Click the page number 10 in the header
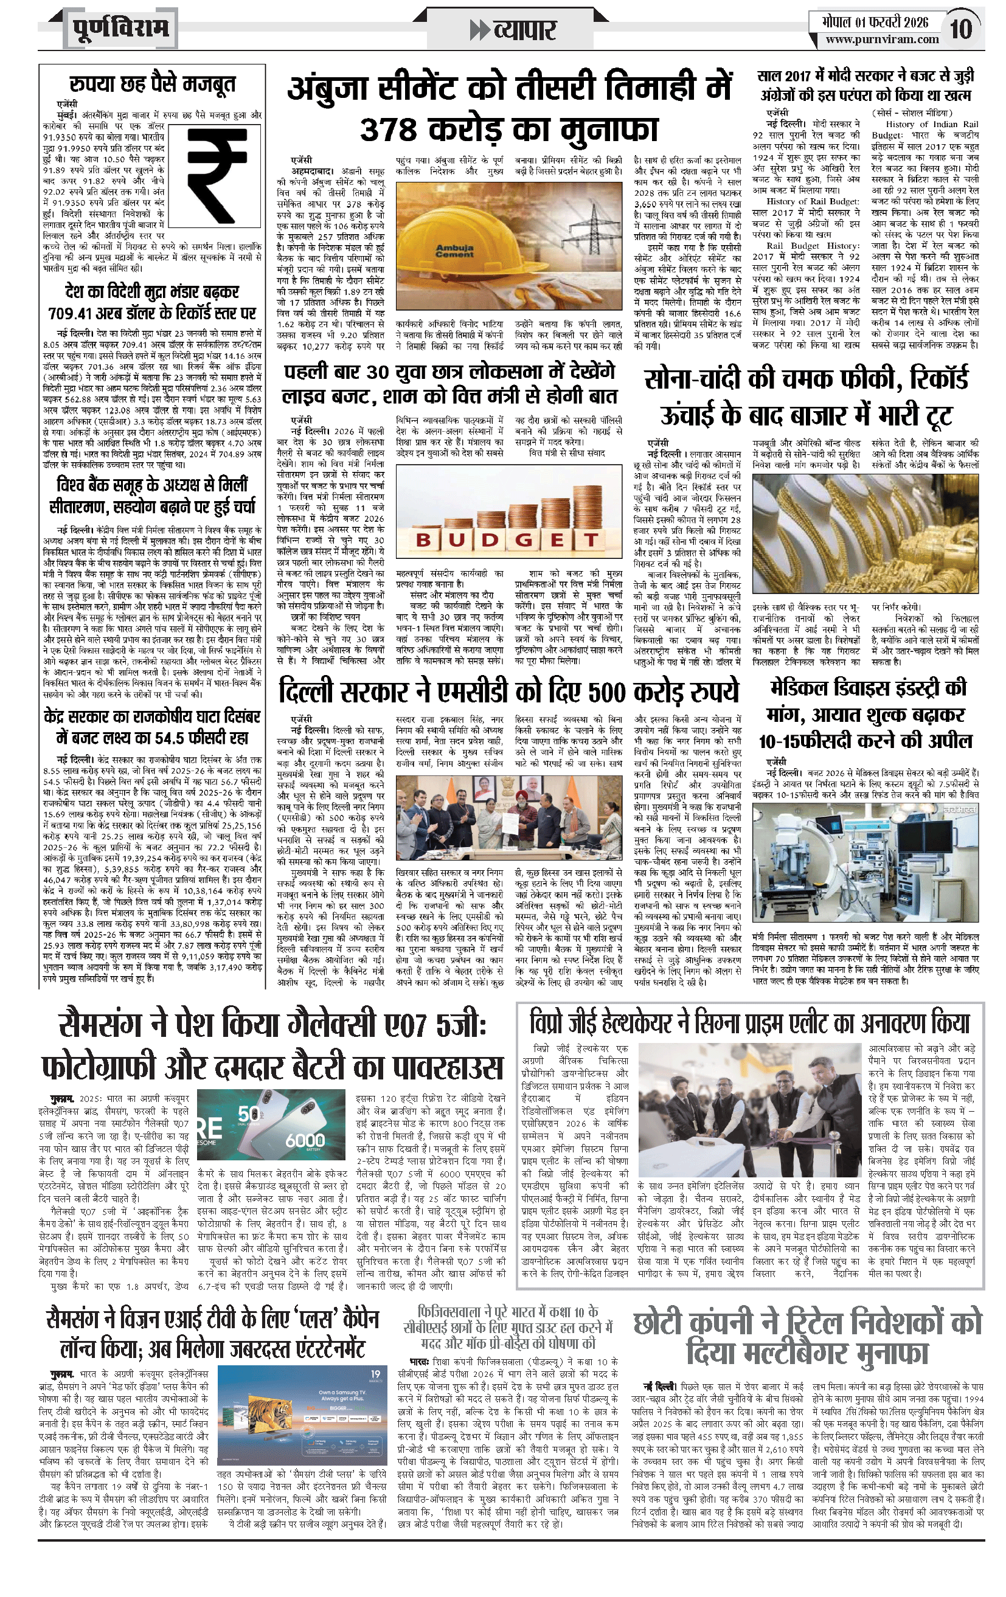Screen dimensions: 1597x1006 tap(961, 29)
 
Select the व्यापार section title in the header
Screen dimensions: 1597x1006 tap(524, 30)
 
